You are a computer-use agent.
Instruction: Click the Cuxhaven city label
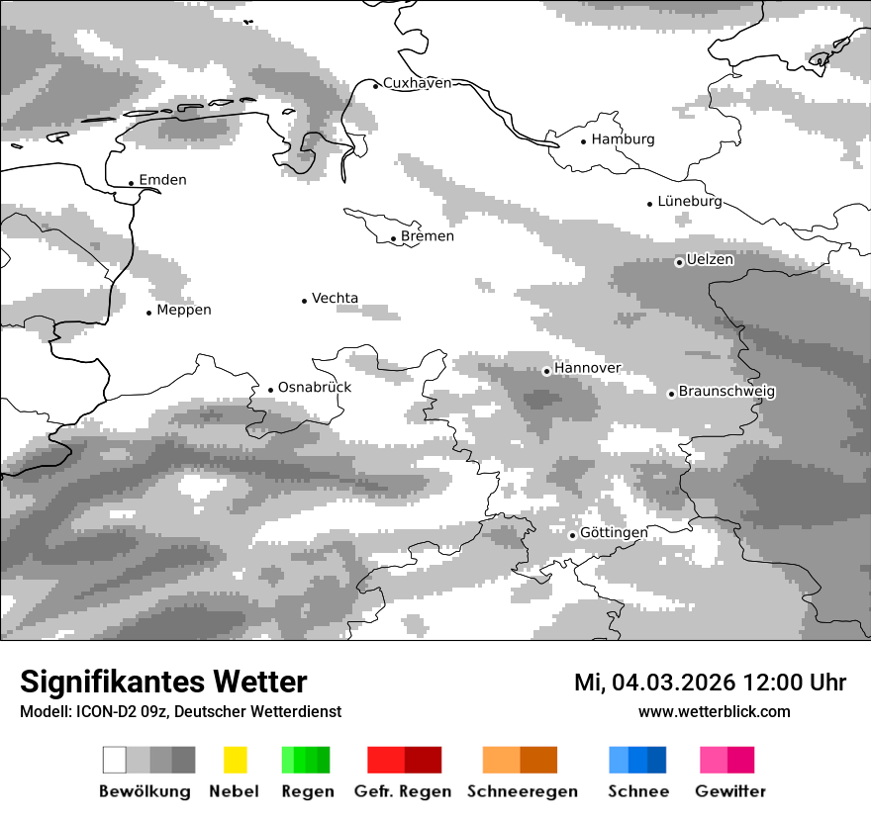(x=417, y=83)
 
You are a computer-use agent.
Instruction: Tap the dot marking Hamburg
(x=584, y=140)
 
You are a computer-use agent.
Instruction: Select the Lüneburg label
(x=689, y=201)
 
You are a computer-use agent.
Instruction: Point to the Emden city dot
(x=132, y=183)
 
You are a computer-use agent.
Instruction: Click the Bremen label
(x=428, y=236)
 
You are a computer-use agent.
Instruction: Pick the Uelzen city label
(x=710, y=260)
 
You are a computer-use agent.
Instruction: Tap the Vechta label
(x=335, y=298)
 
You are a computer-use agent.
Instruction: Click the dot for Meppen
(x=149, y=313)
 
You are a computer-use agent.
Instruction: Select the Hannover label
(x=587, y=368)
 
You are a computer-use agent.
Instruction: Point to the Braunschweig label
(x=726, y=392)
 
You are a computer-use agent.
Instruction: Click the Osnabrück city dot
(x=270, y=390)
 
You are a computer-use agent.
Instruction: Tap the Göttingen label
(x=614, y=533)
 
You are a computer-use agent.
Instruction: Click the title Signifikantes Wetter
(x=163, y=682)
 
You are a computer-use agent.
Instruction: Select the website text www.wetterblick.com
(x=714, y=711)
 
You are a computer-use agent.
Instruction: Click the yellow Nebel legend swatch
(x=235, y=760)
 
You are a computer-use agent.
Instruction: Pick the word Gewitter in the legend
(x=730, y=791)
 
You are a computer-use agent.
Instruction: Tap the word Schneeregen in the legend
(x=523, y=791)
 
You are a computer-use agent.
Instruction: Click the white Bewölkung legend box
(x=115, y=760)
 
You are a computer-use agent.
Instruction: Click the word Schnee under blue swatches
(x=638, y=791)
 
